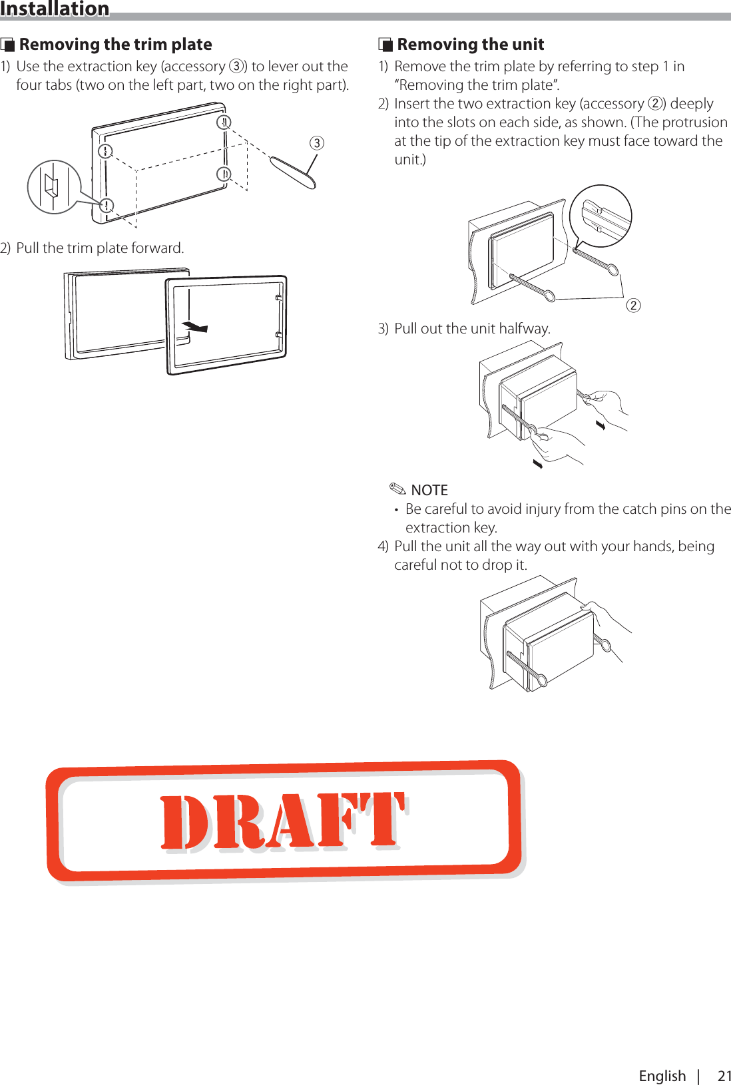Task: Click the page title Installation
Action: coord(55,9)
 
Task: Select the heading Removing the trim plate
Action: coord(115,45)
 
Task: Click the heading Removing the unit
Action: coord(470,45)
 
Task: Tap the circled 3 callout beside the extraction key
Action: coord(317,143)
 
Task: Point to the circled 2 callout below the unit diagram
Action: coord(633,306)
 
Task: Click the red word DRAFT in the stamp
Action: coord(283,821)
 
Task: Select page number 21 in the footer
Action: coord(724,1076)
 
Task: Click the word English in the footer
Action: coord(662,1076)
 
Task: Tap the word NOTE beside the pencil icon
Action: coord(429,491)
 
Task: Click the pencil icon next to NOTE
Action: coord(397,489)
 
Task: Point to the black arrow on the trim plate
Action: coord(195,326)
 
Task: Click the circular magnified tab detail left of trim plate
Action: coord(54,187)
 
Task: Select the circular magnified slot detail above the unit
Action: coord(601,216)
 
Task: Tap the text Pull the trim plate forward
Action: coord(100,248)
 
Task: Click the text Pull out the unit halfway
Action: coord(472,329)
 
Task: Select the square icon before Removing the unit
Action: coord(385,45)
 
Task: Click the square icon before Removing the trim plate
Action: coord(8,45)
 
